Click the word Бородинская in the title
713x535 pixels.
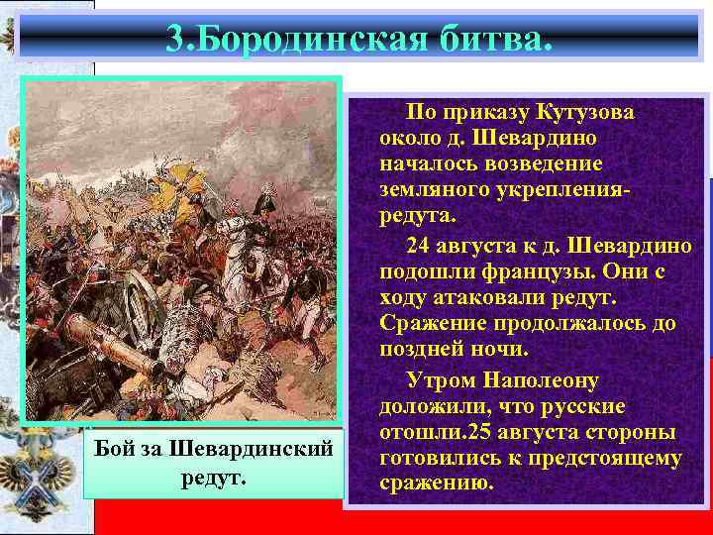[x=308, y=39]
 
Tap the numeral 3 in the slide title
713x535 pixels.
[x=174, y=39]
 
